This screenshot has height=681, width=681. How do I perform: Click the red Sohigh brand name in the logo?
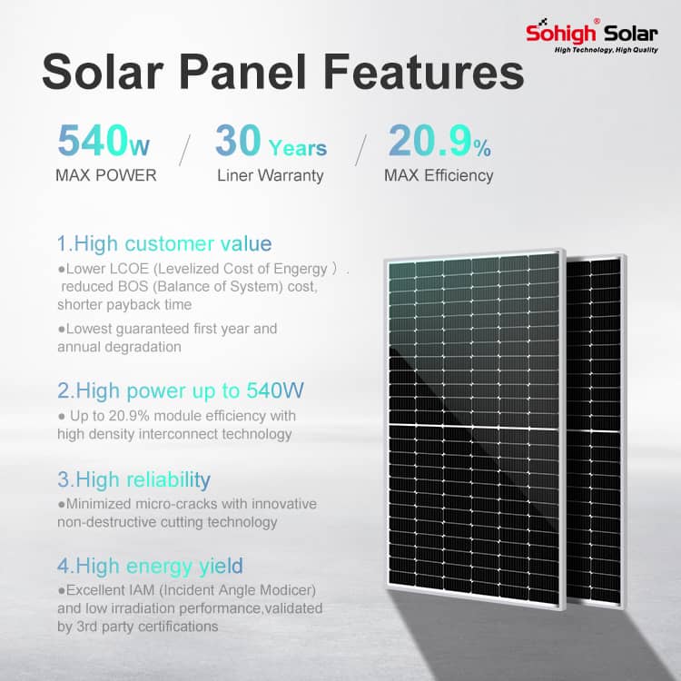(x=560, y=33)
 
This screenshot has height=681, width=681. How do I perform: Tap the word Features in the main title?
(x=424, y=71)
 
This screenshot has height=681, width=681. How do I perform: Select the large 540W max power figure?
(x=104, y=140)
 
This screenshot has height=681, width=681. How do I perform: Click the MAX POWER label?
(x=106, y=175)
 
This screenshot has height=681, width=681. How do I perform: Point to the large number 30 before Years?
(x=238, y=140)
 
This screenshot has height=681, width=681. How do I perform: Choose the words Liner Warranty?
(x=271, y=175)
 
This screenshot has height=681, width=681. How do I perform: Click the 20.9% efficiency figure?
(x=439, y=140)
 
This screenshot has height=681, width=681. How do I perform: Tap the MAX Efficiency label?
(x=439, y=175)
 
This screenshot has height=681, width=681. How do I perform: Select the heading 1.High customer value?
(x=164, y=243)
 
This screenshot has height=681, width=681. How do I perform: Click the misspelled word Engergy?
(x=301, y=270)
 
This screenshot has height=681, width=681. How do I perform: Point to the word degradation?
(x=119, y=347)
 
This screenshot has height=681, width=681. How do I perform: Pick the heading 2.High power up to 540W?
(x=181, y=390)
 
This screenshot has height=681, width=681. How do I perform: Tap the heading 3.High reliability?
(x=133, y=480)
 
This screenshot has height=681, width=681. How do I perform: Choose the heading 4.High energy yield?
(x=150, y=567)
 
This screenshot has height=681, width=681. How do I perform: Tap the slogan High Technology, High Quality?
(x=607, y=50)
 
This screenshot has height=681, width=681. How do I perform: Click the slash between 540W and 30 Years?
(x=184, y=150)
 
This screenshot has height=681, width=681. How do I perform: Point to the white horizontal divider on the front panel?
(x=473, y=426)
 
